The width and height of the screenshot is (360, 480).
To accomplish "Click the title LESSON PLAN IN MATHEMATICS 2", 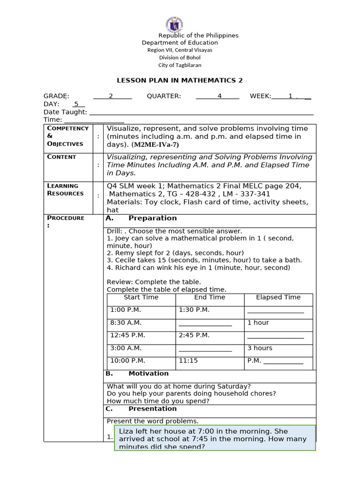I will pos(180,80).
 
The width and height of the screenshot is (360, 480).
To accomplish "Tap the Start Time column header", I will pos(141,297).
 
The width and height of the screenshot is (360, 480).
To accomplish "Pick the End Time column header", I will pos(210,297).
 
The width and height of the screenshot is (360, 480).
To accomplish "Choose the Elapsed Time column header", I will pos(278,297).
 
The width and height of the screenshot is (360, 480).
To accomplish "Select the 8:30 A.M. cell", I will pos(126,322).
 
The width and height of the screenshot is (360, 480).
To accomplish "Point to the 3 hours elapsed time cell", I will pos(260,348).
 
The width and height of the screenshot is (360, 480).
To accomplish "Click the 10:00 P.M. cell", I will pos(127,360).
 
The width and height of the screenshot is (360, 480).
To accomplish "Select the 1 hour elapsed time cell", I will pos(258,322).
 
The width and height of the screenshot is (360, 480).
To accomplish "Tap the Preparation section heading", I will pos(152,218).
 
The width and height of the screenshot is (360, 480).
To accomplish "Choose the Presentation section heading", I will pos(152,409).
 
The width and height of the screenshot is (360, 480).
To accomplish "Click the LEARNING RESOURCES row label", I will pos(65,189).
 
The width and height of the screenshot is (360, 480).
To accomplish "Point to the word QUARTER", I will pos(164,96).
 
